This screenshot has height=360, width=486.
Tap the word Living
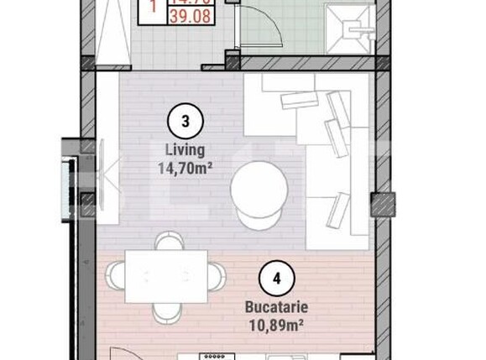pos(186,150)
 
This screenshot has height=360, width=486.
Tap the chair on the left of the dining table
pos(118,276)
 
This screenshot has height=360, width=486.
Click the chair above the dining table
pos(168,243)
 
